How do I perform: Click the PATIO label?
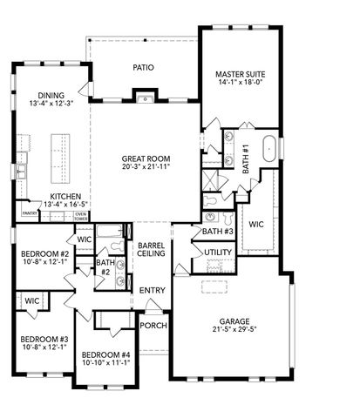tap(143, 65)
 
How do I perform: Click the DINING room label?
tap(51, 96)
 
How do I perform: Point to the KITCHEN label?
tap(65, 197)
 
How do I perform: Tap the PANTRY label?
tap(30, 212)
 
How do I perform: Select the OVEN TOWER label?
tap(80, 215)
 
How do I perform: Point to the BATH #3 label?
tap(218, 232)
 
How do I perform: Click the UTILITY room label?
tap(218, 252)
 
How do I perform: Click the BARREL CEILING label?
tap(152, 252)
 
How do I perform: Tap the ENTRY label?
tap(152, 290)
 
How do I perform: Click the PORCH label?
tap(153, 325)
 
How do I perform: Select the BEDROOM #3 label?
tap(38, 338)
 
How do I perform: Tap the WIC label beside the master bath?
tap(256, 224)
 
